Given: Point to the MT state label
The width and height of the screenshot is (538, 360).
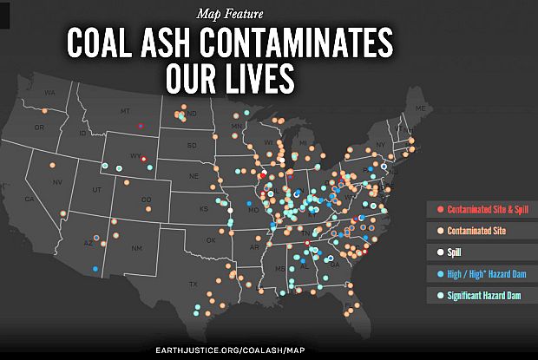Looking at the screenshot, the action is [x=124, y=111].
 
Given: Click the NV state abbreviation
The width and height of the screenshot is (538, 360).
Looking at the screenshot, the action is [x=57, y=181].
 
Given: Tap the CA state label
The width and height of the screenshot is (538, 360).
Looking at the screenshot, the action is [x=29, y=199].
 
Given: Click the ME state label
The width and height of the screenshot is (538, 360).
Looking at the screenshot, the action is [x=421, y=108].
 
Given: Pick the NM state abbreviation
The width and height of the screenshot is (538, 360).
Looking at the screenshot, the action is [x=136, y=248].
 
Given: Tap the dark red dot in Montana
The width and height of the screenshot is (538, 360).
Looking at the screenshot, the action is [x=141, y=126].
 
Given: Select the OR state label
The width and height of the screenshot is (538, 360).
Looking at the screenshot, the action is [x=39, y=128].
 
